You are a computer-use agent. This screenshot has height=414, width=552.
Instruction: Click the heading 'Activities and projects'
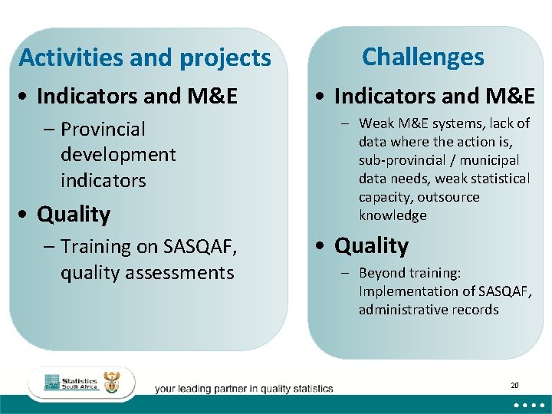point(145,58)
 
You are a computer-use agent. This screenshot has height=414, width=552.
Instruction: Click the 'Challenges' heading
point(422,57)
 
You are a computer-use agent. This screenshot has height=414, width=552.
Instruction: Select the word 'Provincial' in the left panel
point(103,129)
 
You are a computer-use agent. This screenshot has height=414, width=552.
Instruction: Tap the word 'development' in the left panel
point(118,155)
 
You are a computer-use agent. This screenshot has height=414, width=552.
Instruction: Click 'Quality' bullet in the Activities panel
point(74,214)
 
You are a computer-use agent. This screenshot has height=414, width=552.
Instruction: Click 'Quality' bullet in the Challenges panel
point(372,245)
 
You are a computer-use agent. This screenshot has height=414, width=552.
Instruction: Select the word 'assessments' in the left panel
point(186,273)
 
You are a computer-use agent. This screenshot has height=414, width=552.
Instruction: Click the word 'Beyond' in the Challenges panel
point(381,273)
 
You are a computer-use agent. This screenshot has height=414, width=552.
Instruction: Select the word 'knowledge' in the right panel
point(393,215)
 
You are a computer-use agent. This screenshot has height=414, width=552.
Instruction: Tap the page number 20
point(514,385)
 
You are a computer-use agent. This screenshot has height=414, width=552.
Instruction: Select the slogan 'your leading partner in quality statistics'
point(244,389)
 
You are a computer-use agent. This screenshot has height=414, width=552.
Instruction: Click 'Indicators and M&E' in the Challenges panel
point(434,96)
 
